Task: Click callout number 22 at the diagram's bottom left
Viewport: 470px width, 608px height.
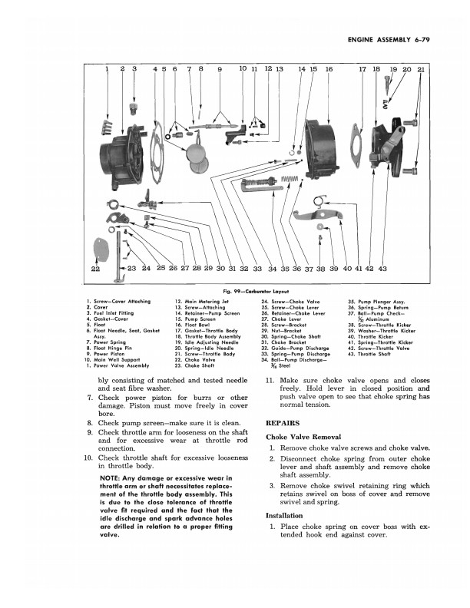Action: pos(94,268)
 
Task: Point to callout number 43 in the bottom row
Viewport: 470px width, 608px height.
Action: pos(382,268)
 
